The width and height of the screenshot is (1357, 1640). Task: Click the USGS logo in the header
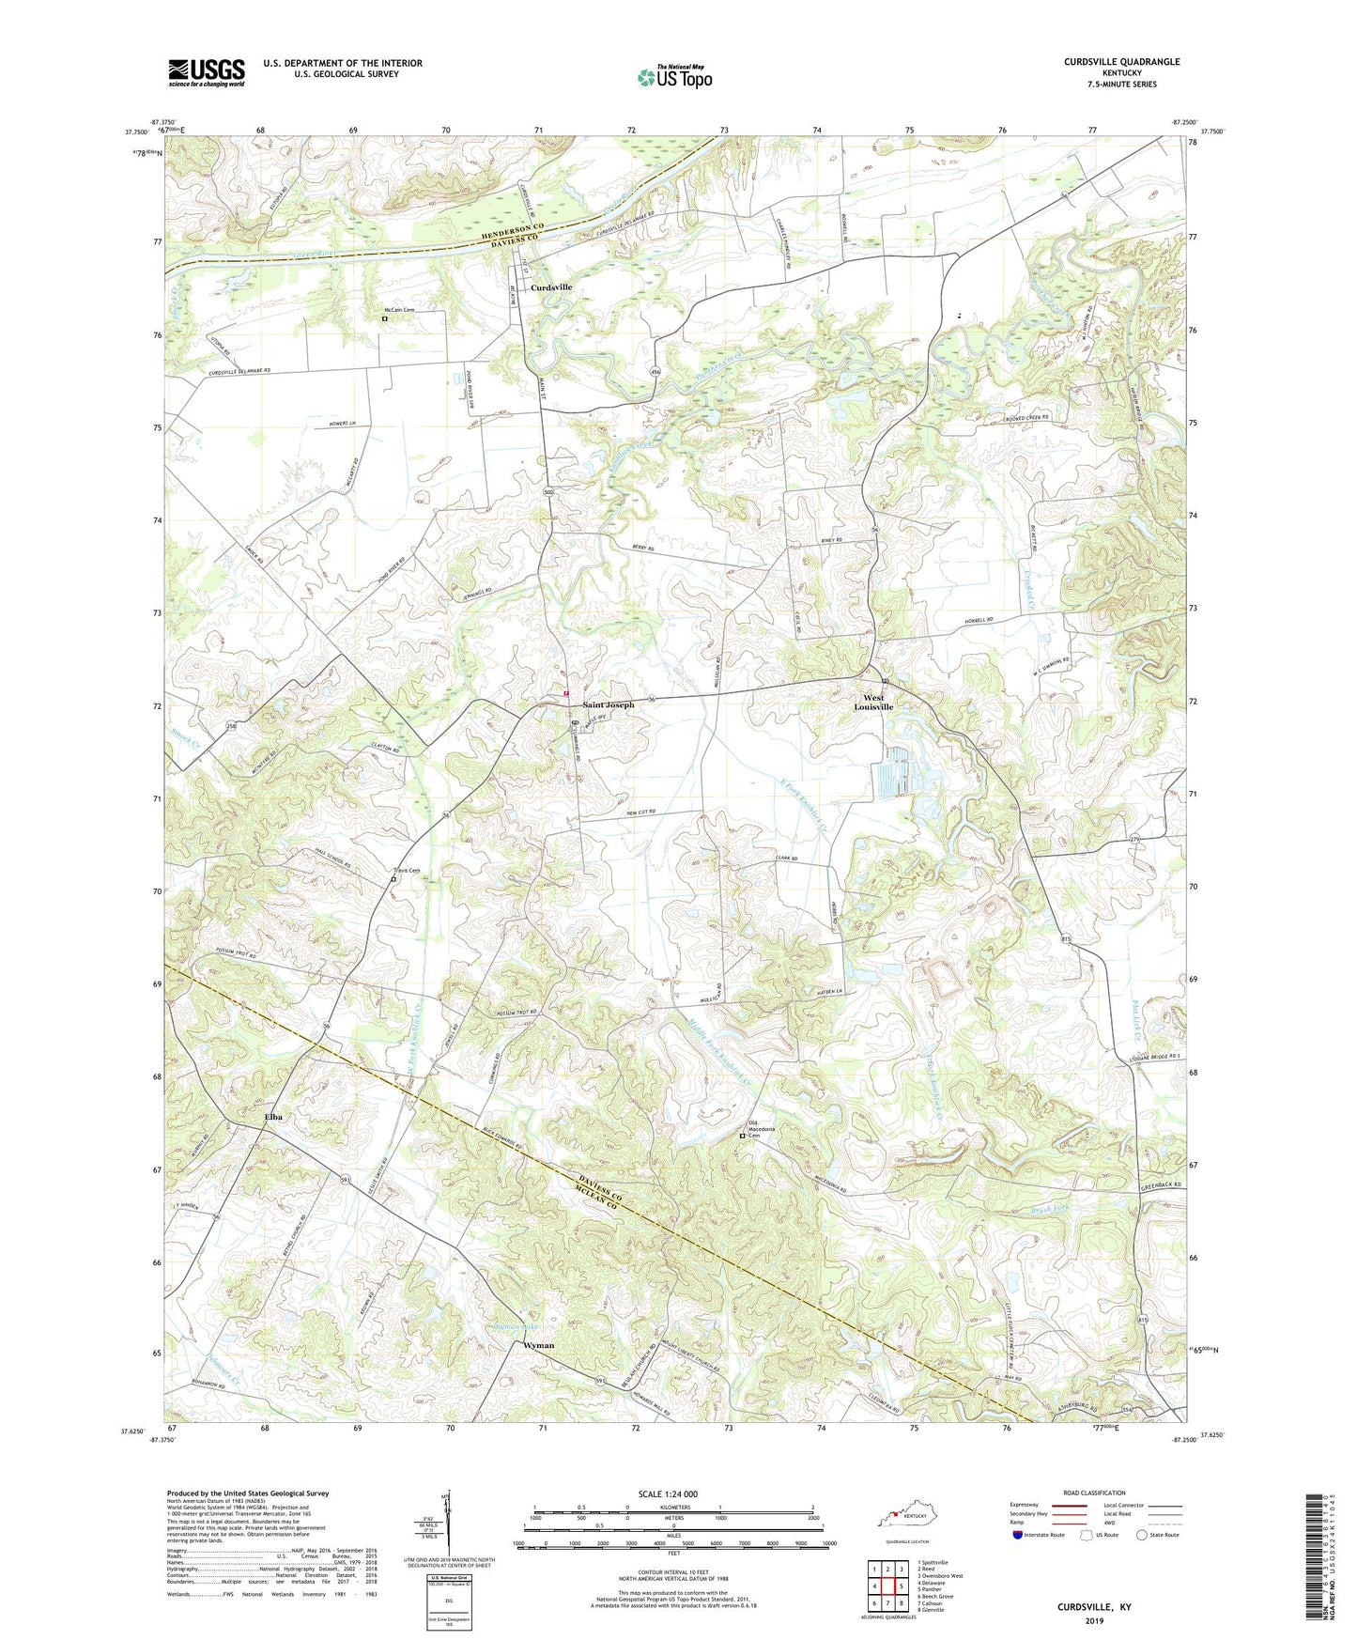pos(206,72)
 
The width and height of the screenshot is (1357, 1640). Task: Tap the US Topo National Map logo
pos(673,76)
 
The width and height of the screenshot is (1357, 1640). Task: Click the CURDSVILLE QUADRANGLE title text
pos(1121,62)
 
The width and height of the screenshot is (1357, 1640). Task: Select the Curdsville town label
pos(551,287)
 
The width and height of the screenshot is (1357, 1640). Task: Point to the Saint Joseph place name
pos(609,704)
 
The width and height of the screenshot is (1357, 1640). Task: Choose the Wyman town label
pos(538,1345)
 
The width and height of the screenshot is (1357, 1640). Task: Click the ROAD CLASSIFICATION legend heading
pos(1093,1493)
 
